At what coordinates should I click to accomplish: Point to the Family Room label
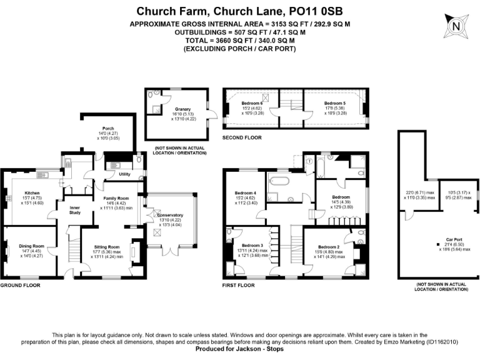click(x=117, y=197)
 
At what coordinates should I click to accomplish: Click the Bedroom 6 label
click(x=252, y=103)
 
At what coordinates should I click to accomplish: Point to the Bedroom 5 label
click(x=334, y=103)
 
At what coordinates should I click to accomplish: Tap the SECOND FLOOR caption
click(x=242, y=137)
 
